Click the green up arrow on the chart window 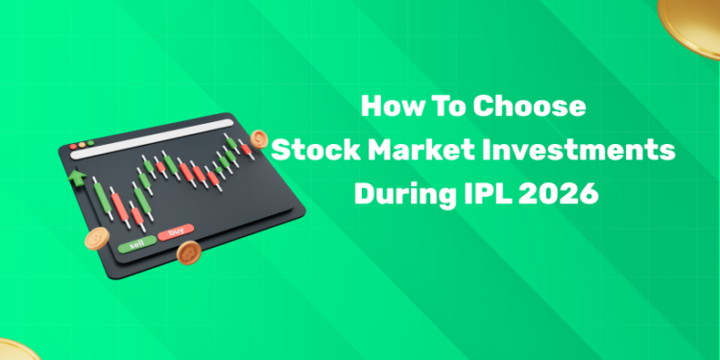(75, 179)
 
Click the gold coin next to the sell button (96, 239)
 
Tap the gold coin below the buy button (189, 253)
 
